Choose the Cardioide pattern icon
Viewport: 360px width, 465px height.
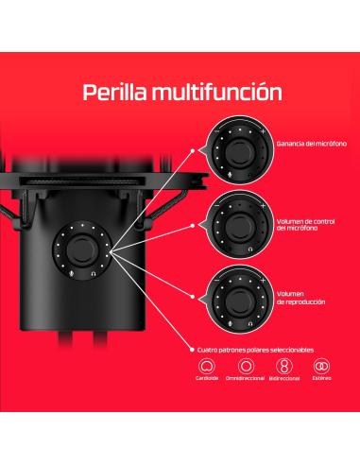[x=205, y=366]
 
